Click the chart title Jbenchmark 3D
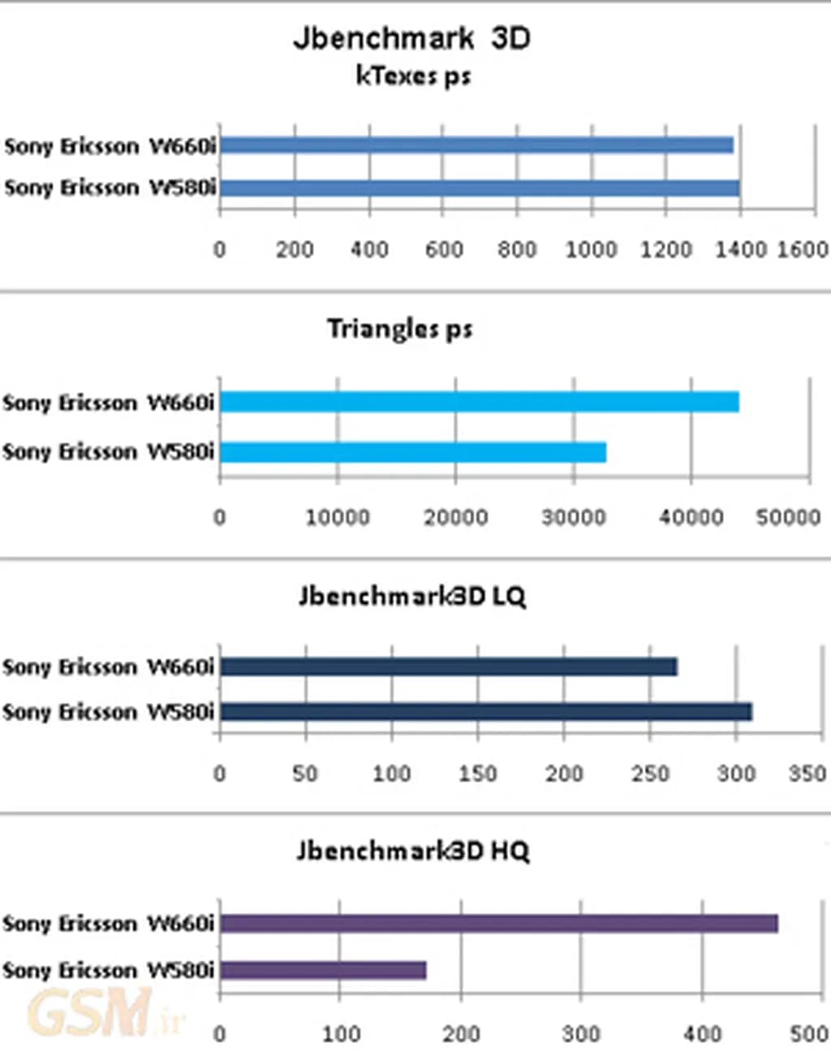pos(411,38)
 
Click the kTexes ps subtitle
pos(413,76)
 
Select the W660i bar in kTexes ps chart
pos(476,145)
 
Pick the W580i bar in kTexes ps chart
pos(480,188)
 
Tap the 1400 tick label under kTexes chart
pos(740,249)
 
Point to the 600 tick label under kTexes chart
pos(444,249)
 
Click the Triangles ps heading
pos(399,329)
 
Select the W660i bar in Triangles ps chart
pos(479,402)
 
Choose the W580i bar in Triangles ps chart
pos(413,452)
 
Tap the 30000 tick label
pos(573,517)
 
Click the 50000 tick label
pos(788,517)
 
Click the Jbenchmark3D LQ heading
pos(412,597)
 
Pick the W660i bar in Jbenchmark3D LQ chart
pos(449,667)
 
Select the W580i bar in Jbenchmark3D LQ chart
pos(486,712)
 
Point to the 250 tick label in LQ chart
pos(650,773)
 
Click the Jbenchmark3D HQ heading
pos(412,851)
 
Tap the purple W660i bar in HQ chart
pos(499,924)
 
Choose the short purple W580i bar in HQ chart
pos(323,970)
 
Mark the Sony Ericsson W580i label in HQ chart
pos(108,970)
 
